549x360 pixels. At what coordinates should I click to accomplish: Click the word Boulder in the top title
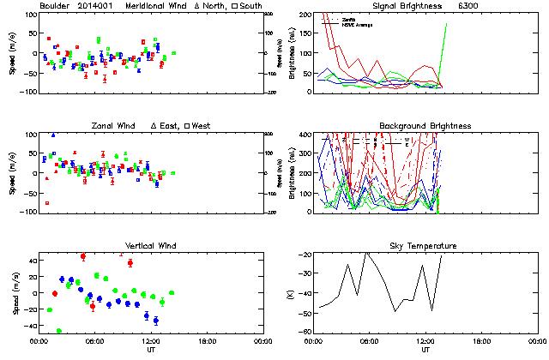[56, 6]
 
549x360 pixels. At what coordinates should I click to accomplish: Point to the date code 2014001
[101, 6]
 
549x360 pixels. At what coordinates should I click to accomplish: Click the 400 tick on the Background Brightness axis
[305, 135]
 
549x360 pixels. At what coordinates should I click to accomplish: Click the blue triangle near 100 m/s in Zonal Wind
[53, 135]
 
